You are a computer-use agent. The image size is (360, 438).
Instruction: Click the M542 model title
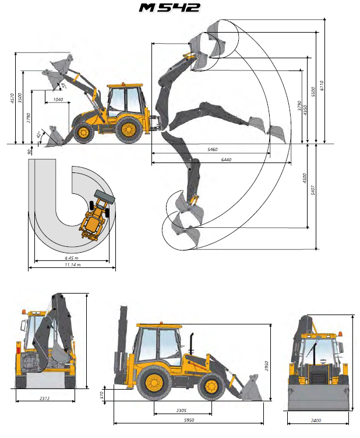pyautogui.click(x=170, y=8)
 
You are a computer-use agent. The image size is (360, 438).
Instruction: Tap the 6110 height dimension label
pyautogui.click(x=322, y=86)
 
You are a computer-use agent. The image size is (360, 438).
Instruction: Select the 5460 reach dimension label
pyautogui.click(x=212, y=150)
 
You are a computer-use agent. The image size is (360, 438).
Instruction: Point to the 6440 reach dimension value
pyautogui.click(x=226, y=160)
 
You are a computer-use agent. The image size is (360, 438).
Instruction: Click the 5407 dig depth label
pyautogui.click(x=313, y=190)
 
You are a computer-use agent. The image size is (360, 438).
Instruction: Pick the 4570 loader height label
pyautogui.click(x=12, y=98)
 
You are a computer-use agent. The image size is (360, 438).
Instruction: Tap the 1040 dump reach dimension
pyautogui.click(x=58, y=100)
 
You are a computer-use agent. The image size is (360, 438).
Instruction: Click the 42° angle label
pyautogui.click(x=40, y=135)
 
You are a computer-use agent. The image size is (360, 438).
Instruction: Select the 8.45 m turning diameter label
pyautogui.click(x=72, y=258)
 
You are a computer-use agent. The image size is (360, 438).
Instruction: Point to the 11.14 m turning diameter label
pyautogui.click(x=73, y=264)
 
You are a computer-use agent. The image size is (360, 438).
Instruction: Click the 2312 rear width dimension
pyautogui.click(x=45, y=398)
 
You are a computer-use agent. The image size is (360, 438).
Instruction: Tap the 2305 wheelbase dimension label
pyautogui.click(x=181, y=411)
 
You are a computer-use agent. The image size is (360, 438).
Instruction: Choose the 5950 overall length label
pyautogui.click(x=189, y=420)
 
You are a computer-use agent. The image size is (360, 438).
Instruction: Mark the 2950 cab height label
pyautogui.click(x=266, y=366)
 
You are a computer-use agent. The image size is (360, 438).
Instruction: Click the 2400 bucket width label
pyautogui.click(x=316, y=421)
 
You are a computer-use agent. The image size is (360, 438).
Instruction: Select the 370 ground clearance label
pyautogui.click(x=102, y=395)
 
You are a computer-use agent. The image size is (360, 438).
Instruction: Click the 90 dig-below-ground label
pyautogui.click(x=29, y=151)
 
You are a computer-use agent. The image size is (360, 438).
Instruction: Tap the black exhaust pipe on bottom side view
pyautogui.click(x=191, y=344)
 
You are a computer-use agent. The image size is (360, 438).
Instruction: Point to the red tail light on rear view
pyautogui.click(x=19, y=351)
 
